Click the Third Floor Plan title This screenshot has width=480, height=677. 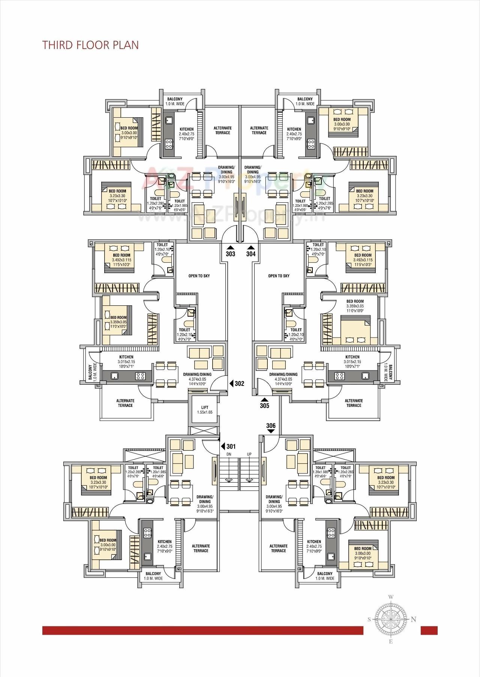(x=90, y=45)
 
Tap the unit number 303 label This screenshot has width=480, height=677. (x=231, y=254)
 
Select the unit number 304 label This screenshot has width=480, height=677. (x=251, y=254)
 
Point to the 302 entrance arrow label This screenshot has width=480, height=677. (x=239, y=383)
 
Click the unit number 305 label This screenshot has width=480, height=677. (x=264, y=405)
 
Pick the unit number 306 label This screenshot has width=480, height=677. (x=271, y=426)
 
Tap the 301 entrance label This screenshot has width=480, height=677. (x=231, y=446)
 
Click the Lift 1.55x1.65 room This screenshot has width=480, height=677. (x=204, y=409)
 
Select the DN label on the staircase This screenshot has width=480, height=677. (x=229, y=454)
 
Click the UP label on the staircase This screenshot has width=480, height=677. (x=249, y=454)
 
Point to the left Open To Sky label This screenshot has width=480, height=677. (x=199, y=276)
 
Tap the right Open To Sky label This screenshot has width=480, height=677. (x=279, y=276)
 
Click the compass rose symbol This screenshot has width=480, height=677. (x=391, y=619)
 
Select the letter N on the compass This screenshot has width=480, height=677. (x=414, y=619)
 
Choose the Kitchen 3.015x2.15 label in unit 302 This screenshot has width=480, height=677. (x=126, y=359)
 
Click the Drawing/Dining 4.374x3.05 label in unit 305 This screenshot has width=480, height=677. (x=283, y=377)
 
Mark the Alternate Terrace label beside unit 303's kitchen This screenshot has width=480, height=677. (x=222, y=130)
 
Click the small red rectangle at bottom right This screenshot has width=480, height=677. (x=429, y=630)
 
